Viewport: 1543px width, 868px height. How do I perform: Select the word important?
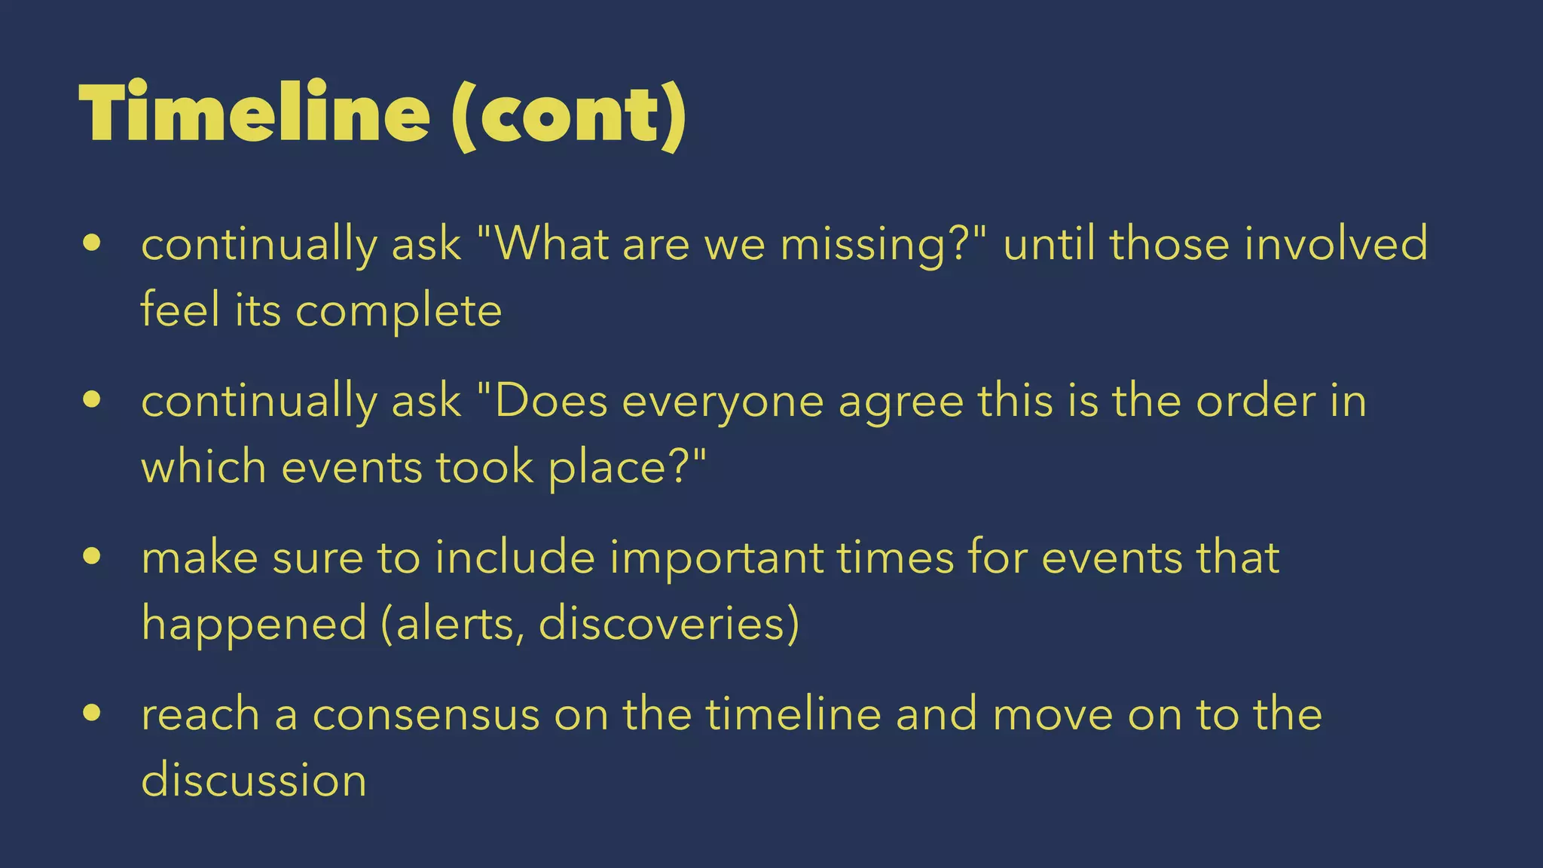(717, 559)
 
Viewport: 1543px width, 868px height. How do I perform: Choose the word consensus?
(426, 714)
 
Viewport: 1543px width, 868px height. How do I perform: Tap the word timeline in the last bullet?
(793, 714)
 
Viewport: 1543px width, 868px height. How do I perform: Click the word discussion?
(254, 780)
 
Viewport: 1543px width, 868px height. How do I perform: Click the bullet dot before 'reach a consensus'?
(92, 713)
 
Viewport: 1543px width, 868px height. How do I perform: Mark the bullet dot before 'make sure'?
(92, 557)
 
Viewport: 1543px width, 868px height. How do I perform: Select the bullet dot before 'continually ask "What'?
(92, 243)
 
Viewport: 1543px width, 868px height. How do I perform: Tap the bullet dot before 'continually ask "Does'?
(92, 400)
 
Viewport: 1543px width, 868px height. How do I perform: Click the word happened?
(254, 625)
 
